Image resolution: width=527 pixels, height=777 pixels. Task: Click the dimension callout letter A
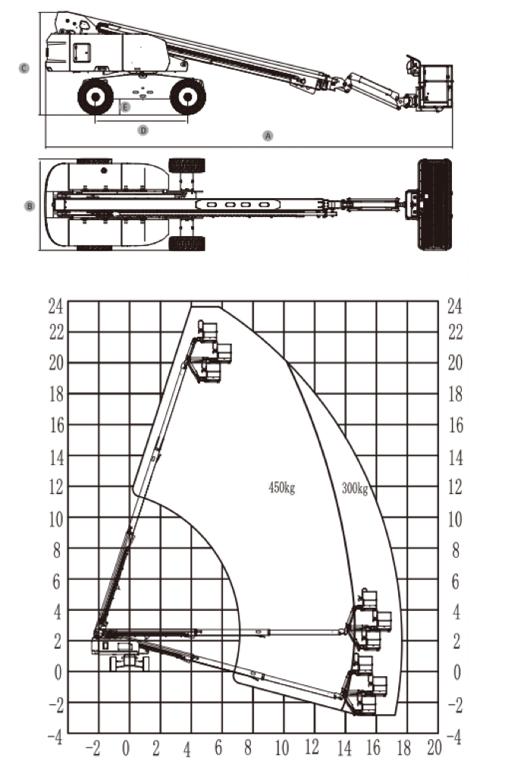pyautogui.click(x=267, y=135)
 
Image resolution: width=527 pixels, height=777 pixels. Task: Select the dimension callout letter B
pyautogui.click(x=30, y=206)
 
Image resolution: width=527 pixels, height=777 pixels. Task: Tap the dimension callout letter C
pyautogui.click(x=24, y=68)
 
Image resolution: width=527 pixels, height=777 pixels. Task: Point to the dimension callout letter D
pyautogui.click(x=142, y=130)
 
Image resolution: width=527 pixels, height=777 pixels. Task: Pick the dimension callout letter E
pyautogui.click(x=125, y=107)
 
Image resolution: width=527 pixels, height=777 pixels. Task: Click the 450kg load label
pyautogui.click(x=281, y=488)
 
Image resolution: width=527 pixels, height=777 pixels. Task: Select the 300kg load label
pyautogui.click(x=354, y=488)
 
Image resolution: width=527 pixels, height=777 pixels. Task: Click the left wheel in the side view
pyautogui.click(x=96, y=96)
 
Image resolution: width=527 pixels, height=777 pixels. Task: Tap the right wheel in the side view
pyautogui.click(x=187, y=96)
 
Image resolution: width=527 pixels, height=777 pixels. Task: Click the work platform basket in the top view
pyautogui.click(x=434, y=204)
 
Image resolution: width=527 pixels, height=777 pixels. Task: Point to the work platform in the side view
pyautogui.click(x=434, y=87)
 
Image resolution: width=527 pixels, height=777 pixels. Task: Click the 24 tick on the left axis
pyautogui.click(x=55, y=306)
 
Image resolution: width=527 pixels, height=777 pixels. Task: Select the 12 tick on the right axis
pyautogui.click(x=455, y=488)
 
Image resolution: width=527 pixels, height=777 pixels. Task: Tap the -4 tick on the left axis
pyautogui.click(x=54, y=736)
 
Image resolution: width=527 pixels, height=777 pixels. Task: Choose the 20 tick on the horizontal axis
pyautogui.click(x=434, y=748)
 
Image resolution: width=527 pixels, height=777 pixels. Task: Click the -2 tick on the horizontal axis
pyautogui.click(x=94, y=748)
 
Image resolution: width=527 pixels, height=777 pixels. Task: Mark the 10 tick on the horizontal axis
pyautogui.click(x=281, y=748)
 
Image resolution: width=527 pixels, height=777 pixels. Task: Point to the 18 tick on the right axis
pyautogui.click(x=455, y=395)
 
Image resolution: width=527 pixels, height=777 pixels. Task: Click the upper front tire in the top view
pyautogui.click(x=187, y=165)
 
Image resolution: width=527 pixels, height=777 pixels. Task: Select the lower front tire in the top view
pyautogui.click(x=187, y=244)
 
